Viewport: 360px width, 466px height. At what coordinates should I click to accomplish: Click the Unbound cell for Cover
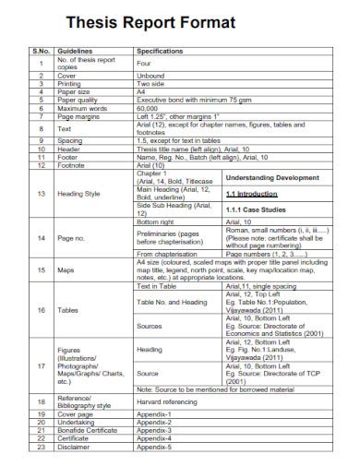pyautogui.click(x=150, y=75)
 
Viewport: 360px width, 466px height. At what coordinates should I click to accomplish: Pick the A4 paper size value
pyautogui.click(x=141, y=90)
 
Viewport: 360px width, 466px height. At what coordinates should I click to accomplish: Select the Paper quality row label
pyautogui.click(x=78, y=98)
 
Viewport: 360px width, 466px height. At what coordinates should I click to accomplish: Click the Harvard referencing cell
pyautogui.click(x=171, y=401)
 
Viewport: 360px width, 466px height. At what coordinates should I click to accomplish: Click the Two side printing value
pyautogui.click(x=150, y=83)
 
